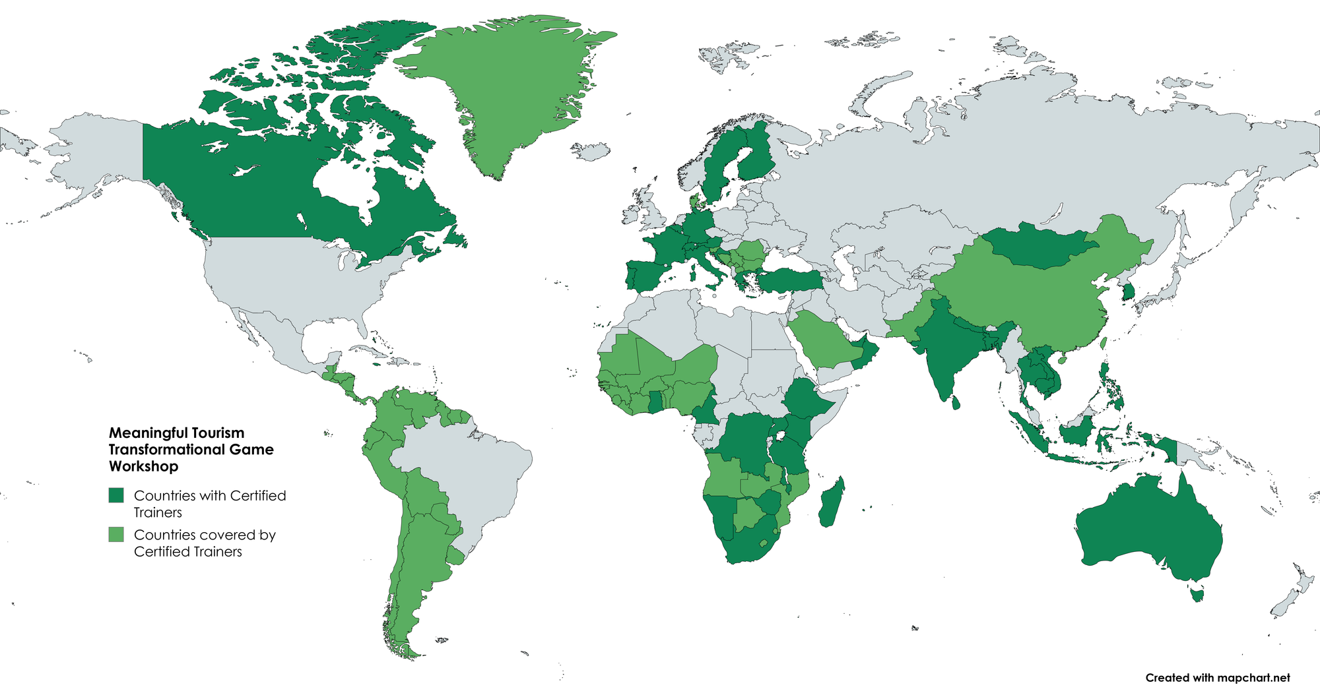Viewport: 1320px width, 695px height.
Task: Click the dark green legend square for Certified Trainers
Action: click(116, 495)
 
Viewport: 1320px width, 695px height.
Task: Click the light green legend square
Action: click(116, 535)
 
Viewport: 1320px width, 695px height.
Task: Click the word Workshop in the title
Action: click(143, 466)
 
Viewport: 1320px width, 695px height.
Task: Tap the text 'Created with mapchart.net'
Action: click(1217, 678)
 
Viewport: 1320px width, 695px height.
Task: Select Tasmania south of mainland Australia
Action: click(1197, 595)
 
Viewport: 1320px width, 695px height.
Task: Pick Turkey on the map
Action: click(789, 280)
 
